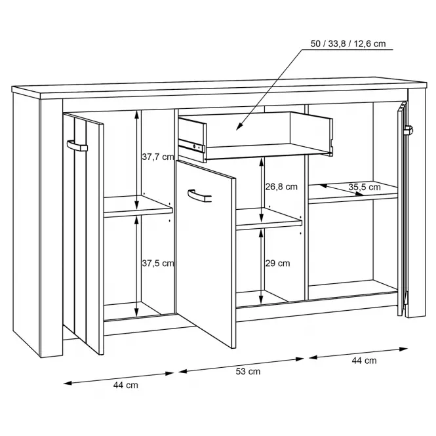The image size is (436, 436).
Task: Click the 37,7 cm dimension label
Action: point(158,157)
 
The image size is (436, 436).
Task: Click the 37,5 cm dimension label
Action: point(158,263)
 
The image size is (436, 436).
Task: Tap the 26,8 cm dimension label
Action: point(281,187)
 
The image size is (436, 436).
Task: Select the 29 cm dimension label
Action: point(277,263)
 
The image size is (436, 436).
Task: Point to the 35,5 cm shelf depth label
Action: point(365,187)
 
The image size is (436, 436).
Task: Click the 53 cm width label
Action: point(248,371)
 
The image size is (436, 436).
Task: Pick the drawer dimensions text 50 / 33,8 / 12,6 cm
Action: point(348,44)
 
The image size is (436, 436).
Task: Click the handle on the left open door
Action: point(77,146)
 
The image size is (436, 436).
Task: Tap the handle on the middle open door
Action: point(199,195)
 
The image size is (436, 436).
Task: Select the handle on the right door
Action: point(408,130)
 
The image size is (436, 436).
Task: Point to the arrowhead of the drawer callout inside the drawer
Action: point(238,128)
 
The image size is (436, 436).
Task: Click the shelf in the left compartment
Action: point(138,207)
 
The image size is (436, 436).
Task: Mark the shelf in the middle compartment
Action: point(269,219)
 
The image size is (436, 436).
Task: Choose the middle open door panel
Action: point(206,254)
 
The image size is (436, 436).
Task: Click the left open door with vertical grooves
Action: point(83,233)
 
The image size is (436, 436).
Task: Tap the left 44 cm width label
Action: point(126,385)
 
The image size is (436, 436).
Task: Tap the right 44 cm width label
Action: point(364,361)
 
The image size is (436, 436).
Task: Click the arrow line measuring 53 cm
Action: point(241,365)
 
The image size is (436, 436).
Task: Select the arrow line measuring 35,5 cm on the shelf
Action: point(342,190)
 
